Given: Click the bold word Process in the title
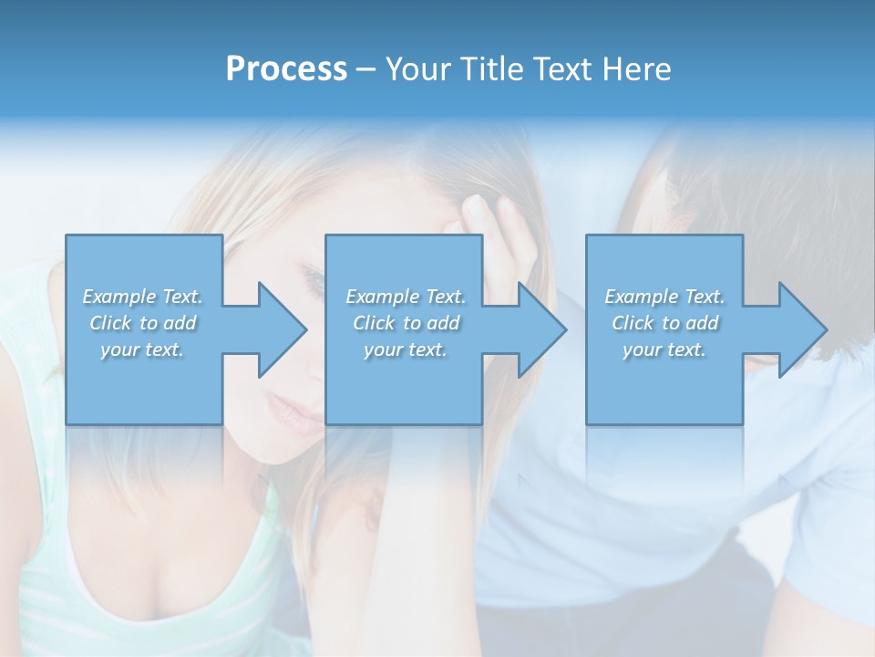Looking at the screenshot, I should (x=286, y=69).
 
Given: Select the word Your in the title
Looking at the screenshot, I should (x=420, y=69).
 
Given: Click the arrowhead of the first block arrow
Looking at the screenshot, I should (x=282, y=329).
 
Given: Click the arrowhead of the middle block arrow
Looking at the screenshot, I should (x=541, y=329).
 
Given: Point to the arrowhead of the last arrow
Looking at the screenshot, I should (x=802, y=329).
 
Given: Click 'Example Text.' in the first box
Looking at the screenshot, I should (x=143, y=297).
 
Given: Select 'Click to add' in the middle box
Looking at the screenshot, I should (x=406, y=323).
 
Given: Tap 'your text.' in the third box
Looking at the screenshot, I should (x=664, y=349).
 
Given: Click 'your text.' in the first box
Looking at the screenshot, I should (x=143, y=349).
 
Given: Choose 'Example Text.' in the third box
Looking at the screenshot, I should (x=664, y=297).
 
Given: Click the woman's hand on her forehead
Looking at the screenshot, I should (x=497, y=228).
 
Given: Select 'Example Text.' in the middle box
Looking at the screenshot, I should (x=406, y=297).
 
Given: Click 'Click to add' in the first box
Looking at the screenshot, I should (x=143, y=323).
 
